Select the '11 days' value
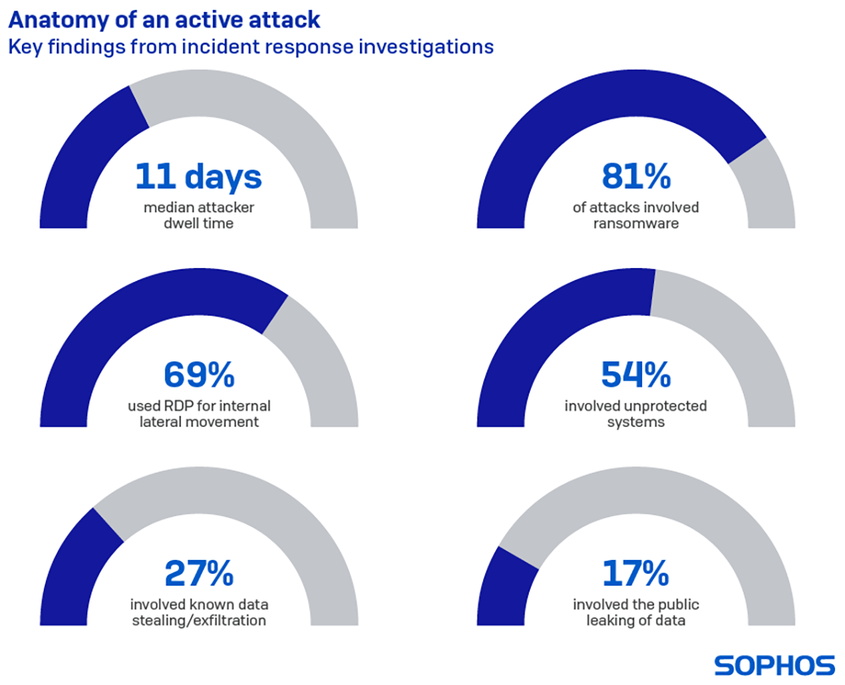[199, 177]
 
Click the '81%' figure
[636, 177]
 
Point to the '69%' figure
[199, 376]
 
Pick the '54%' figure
[636, 376]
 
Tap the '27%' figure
[199, 575]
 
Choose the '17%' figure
[636, 575]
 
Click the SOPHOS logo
[775, 665]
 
